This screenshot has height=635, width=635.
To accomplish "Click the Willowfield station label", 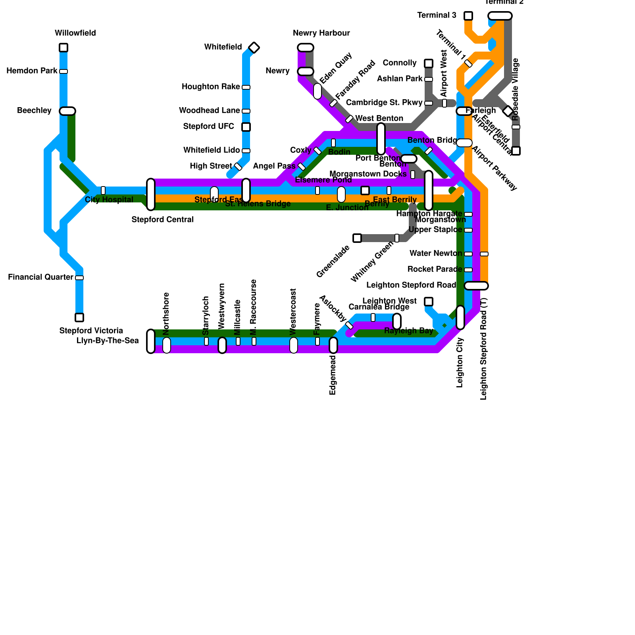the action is click(x=75, y=33).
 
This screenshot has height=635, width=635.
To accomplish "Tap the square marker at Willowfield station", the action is click(x=63, y=48).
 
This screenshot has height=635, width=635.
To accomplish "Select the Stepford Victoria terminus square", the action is click(x=79, y=317).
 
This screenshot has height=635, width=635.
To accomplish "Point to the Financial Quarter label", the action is click(x=40, y=277).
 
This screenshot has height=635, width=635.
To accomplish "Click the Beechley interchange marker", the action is click(x=67, y=111).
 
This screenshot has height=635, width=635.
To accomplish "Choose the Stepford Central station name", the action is click(x=162, y=220).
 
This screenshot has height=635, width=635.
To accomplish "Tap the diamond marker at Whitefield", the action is click(x=254, y=48).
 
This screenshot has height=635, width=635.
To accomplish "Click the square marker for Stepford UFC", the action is click(x=246, y=127).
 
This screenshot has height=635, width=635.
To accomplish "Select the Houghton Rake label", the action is click(x=211, y=87).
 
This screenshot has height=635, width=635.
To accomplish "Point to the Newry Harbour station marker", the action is click(x=306, y=48).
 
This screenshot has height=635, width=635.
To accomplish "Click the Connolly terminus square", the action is click(x=429, y=63).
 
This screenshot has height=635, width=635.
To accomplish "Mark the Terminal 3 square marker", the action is click(x=468, y=16).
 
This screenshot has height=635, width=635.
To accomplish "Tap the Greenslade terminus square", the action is click(x=357, y=238).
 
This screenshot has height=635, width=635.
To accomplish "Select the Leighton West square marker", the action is click(x=429, y=302).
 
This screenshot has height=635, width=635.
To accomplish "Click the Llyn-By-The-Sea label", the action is click(x=108, y=341).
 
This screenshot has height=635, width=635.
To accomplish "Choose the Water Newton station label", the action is click(x=436, y=254).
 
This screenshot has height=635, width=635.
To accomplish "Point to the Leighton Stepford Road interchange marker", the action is click(x=476, y=286).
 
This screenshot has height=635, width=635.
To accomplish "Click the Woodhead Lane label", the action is click(x=210, y=111).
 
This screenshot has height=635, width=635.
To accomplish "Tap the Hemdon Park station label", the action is click(x=32, y=71).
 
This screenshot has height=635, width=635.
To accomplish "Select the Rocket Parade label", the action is click(x=435, y=269).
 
